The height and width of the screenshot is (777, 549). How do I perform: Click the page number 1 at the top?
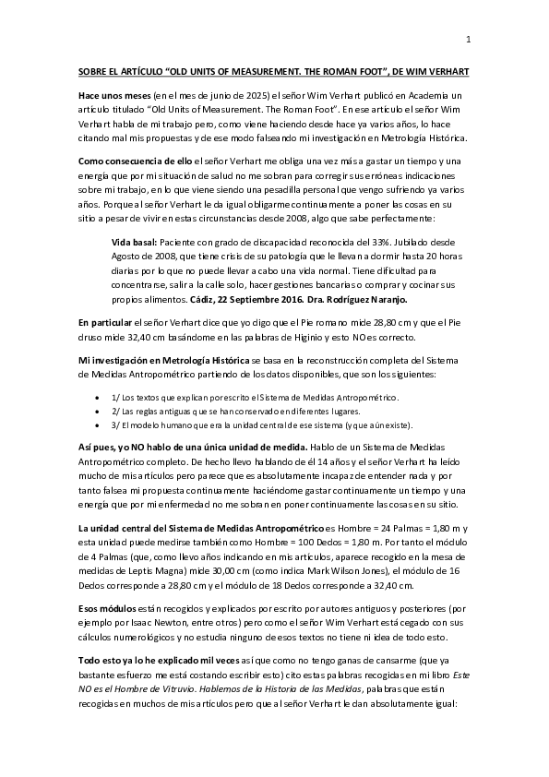(x=469, y=39)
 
